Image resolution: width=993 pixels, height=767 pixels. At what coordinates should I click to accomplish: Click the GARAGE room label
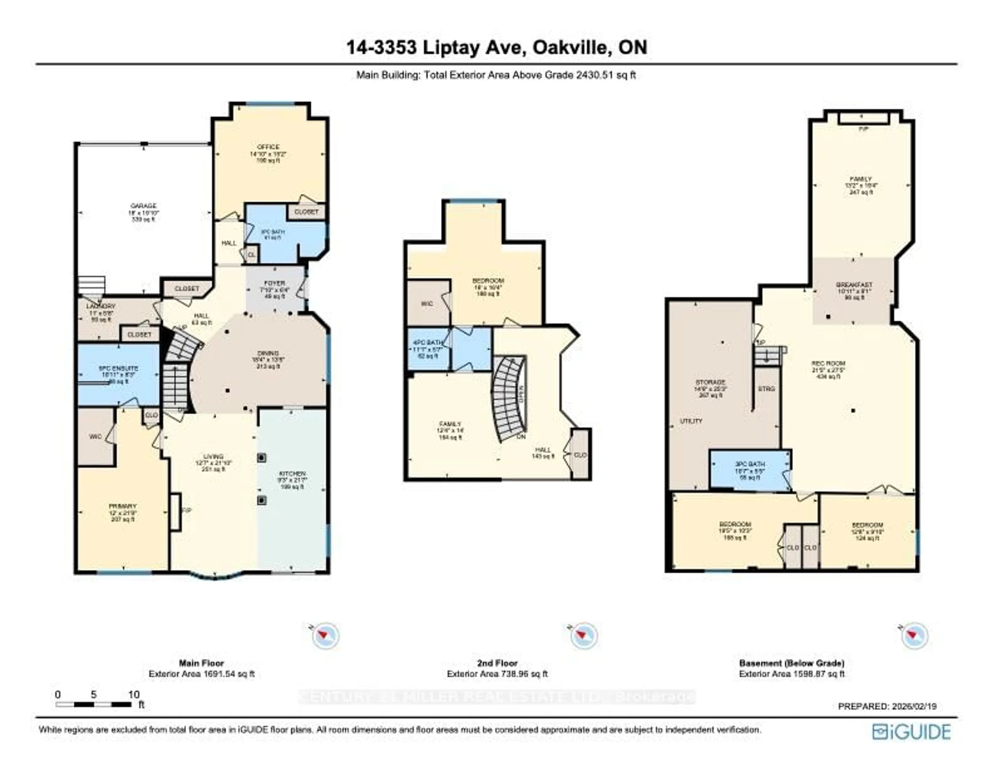tap(144, 206)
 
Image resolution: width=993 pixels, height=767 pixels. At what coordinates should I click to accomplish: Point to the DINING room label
tap(268, 353)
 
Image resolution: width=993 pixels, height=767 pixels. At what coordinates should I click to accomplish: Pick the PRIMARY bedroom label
tap(122, 506)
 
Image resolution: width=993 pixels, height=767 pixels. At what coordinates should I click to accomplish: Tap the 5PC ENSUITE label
tap(118, 368)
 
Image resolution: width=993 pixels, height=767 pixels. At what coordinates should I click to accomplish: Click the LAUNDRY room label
tap(101, 306)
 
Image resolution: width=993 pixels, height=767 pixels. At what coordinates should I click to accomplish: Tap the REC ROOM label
tap(829, 363)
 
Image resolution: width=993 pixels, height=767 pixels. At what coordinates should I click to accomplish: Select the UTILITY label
tap(691, 421)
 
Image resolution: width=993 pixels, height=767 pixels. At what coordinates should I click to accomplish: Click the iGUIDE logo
tap(911, 732)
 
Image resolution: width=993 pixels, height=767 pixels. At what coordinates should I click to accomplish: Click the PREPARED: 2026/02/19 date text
tap(887, 706)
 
